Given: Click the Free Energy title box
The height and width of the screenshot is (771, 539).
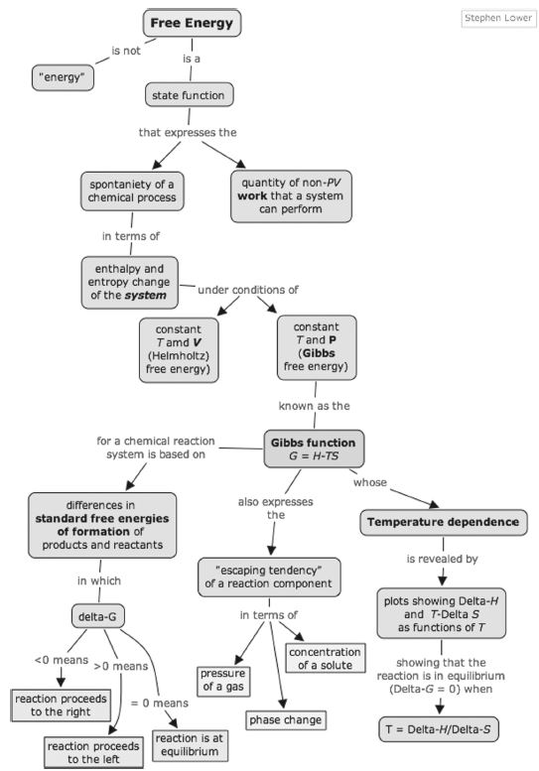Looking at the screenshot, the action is coord(192,23).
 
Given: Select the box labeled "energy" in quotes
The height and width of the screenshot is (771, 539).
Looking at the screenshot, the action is coord(63,77).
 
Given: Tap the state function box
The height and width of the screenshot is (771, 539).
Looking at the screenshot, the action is coord(189,95).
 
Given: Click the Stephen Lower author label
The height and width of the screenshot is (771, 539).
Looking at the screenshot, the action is coord(498,18).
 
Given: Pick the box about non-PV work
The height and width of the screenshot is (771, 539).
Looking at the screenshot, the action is coord(291,196).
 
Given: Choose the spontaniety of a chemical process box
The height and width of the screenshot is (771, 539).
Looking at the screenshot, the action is coord(132,192).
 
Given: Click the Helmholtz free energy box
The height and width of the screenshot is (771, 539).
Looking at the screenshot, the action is coord(179,349).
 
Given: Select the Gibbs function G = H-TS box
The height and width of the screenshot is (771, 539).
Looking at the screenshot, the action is coord(314,449).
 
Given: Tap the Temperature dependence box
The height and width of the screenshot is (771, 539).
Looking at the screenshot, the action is coord(443,522).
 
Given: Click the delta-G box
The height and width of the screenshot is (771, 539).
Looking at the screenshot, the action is coord(98,616).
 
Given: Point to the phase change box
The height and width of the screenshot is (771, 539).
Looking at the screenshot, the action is coord(285,720).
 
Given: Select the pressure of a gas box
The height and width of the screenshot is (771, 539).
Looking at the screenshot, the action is coord(222,681).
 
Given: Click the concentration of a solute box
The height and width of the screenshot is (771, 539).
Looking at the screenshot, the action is coord(325,659).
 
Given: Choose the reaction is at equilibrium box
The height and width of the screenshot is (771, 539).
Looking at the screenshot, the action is coord(190,745).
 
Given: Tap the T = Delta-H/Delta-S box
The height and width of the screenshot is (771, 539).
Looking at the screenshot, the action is coord(439,729).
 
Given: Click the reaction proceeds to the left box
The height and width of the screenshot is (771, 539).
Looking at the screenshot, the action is coord(93,752).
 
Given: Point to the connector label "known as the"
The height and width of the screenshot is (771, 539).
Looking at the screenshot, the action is coord(315,406).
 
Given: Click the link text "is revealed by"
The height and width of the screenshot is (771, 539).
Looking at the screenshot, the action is coord(442,559).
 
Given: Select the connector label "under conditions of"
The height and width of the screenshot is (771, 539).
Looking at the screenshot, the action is coord(248,290).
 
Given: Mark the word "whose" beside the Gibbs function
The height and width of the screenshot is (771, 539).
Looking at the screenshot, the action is coord(370,482).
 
